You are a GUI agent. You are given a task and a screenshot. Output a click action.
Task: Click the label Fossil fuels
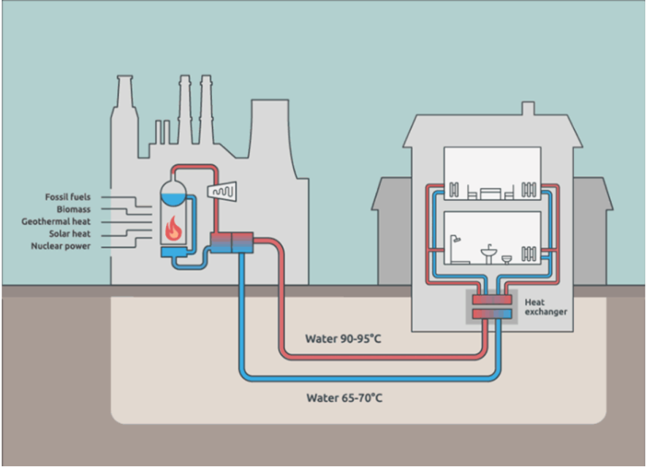point(68,197)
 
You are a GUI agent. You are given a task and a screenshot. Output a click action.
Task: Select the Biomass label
point(73,210)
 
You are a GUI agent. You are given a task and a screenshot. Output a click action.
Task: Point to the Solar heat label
point(70,234)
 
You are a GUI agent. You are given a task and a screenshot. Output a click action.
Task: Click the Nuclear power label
point(61,246)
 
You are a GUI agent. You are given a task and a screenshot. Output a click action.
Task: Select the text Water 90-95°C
point(344,338)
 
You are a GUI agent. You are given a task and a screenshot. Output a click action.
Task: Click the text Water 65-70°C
point(344,398)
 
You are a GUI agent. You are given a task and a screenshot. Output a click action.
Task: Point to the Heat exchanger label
point(545,307)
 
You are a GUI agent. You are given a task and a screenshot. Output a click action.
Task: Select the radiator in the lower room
point(529,254)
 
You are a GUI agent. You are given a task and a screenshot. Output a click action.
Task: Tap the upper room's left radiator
point(454,191)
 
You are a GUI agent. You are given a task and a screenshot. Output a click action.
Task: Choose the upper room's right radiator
point(529,191)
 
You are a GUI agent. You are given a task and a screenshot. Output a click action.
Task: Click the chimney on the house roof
point(527,109)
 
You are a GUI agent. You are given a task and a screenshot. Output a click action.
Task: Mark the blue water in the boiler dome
point(173,197)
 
